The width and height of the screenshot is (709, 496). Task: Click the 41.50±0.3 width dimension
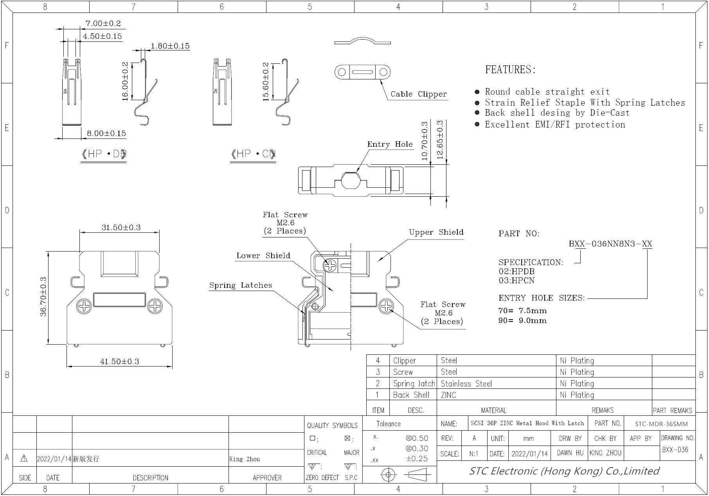[x=120, y=361]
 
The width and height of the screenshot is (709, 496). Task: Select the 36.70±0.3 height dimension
[x=43, y=297]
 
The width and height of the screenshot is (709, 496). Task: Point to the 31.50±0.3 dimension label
[x=121, y=228]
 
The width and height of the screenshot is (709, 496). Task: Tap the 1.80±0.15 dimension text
[x=170, y=46]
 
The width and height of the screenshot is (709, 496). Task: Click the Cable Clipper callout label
[x=419, y=94]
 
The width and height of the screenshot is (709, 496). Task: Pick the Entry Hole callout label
[x=390, y=144]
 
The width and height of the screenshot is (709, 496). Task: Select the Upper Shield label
[x=436, y=232]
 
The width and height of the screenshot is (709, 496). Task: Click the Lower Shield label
[x=263, y=256]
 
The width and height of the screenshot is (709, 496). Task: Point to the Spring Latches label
[x=241, y=286]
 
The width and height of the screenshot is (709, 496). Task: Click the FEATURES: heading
[x=511, y=70]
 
